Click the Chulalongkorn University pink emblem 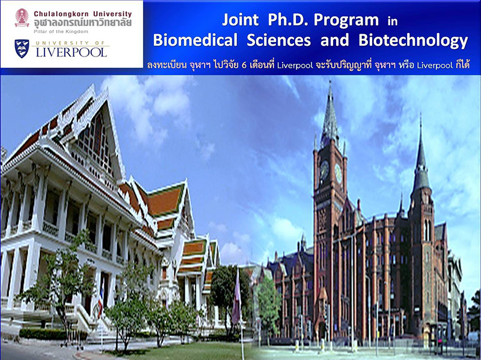(22, 17)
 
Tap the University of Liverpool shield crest (22, 49)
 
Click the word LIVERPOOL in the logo (72, 52)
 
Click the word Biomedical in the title (195, 40)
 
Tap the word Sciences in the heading (278, 40)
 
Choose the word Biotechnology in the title (413, 40)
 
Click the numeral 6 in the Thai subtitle (244, 65)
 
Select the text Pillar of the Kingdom (61, 32)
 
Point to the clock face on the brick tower (324, 170)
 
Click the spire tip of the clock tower (330, 82)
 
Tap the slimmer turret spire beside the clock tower (420, 153)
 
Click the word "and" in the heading (335, 40)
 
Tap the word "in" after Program (393, 21)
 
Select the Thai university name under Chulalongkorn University (83, 23)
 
